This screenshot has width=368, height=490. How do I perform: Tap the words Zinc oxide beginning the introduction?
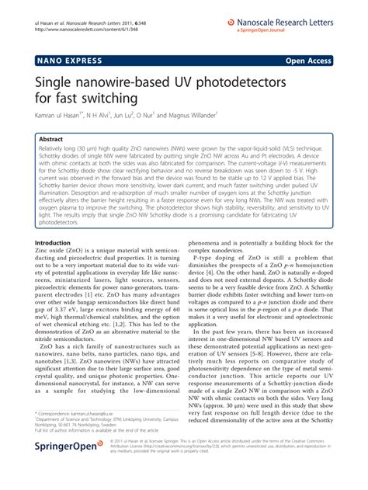pos(49,252)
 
